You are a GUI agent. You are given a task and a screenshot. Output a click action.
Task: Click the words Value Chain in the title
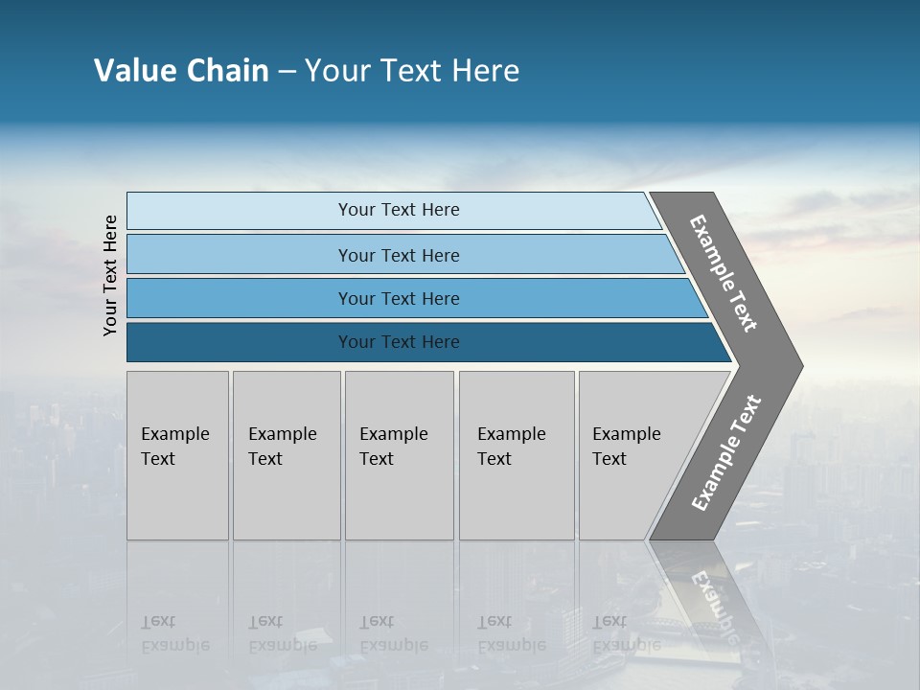(x=181, y=71)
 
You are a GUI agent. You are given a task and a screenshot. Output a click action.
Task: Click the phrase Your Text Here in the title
(x=412, y=71)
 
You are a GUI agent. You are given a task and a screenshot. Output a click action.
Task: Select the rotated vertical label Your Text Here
(x=111, y=275)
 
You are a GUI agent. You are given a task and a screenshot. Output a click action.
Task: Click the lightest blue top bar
(x=240, y=211)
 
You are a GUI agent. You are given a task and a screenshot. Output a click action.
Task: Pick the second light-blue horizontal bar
(x=240, y=255)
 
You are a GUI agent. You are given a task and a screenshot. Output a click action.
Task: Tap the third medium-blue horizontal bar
(x=240, y=298)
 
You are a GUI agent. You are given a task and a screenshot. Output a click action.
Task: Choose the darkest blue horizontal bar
(x=240, y=342)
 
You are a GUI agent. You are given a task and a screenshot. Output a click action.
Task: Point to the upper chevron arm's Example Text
(x=724, y=273)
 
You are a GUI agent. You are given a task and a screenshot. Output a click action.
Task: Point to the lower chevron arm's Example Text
(x=725, y=453)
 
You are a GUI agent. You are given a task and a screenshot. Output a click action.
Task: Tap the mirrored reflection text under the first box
(x=174, y=633)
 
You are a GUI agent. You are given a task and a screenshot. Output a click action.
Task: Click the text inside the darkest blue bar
(x=399, y=342)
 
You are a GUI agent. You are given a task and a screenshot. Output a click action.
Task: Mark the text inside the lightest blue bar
(x=399, y=210)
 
